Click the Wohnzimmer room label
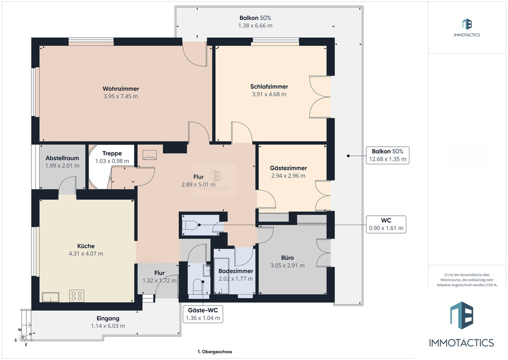tap(121, 88)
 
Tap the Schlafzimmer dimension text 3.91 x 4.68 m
tap(269, 95)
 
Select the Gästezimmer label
tap(289, 168)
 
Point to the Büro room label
tap(288, 258)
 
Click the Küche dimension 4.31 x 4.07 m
tap(86, 254)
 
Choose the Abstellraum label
tap(62, 158)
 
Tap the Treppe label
tap(112, 154)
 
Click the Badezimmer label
tap(236, 271)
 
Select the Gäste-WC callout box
tap(203, 314)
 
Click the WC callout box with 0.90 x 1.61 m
tap(386, 224)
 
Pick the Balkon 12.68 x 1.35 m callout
tap(388, 155)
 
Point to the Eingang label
tap(108, 318)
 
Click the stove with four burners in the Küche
tap(77, 296)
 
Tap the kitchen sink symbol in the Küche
tap(50, 297)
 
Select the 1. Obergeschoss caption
tap(215, 351)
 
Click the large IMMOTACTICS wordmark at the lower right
tap(461, 343)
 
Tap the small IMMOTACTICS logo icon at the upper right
tap(467, 24)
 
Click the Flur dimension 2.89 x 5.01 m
tap(198, 185)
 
